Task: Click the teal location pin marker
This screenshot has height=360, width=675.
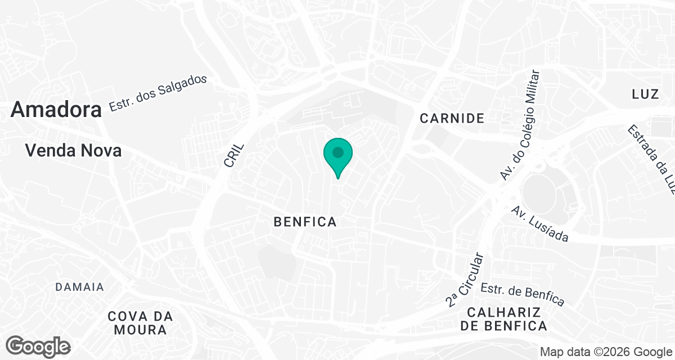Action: click(x=338, y=157)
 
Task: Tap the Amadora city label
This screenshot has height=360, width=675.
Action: click(x=56, y=110)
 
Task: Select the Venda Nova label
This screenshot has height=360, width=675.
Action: click(x=74, y=151)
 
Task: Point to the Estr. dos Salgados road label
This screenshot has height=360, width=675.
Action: click(x=158, y=93)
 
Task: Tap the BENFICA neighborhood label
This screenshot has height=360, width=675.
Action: click(x=305, y=222)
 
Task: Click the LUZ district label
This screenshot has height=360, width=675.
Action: click(x=645, y=94)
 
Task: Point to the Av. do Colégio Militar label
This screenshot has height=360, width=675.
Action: click(x=520, y=125)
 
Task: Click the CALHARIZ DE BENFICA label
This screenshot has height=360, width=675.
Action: click(x=503, y=319)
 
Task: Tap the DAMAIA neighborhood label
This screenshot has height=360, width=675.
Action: click(x=80, y=287)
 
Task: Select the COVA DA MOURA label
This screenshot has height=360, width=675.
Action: click(x=140, y=323)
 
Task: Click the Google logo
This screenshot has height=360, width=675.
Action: click(x=39, y=346)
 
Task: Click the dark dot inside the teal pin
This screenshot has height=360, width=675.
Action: click(x=338, y=152)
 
